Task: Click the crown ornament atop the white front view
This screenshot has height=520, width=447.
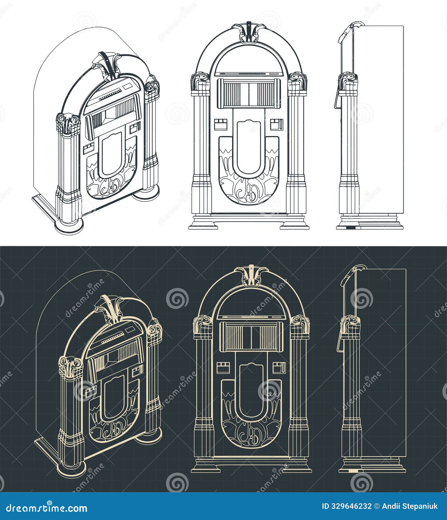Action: (x=248, y=32)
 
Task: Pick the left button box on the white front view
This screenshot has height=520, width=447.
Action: (x=221, y=125)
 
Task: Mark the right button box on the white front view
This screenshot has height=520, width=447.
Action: (x=276, y=125)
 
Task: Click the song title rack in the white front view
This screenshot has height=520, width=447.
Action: (x=248, y=93)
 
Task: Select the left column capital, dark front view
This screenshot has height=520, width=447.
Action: (x=203, y=325)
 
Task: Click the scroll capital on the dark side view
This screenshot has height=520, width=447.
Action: (x=350, y=325)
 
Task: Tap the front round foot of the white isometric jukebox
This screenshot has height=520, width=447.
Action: (x=69, y=227)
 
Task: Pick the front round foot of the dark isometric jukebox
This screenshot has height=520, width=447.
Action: (x=71, y=470)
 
